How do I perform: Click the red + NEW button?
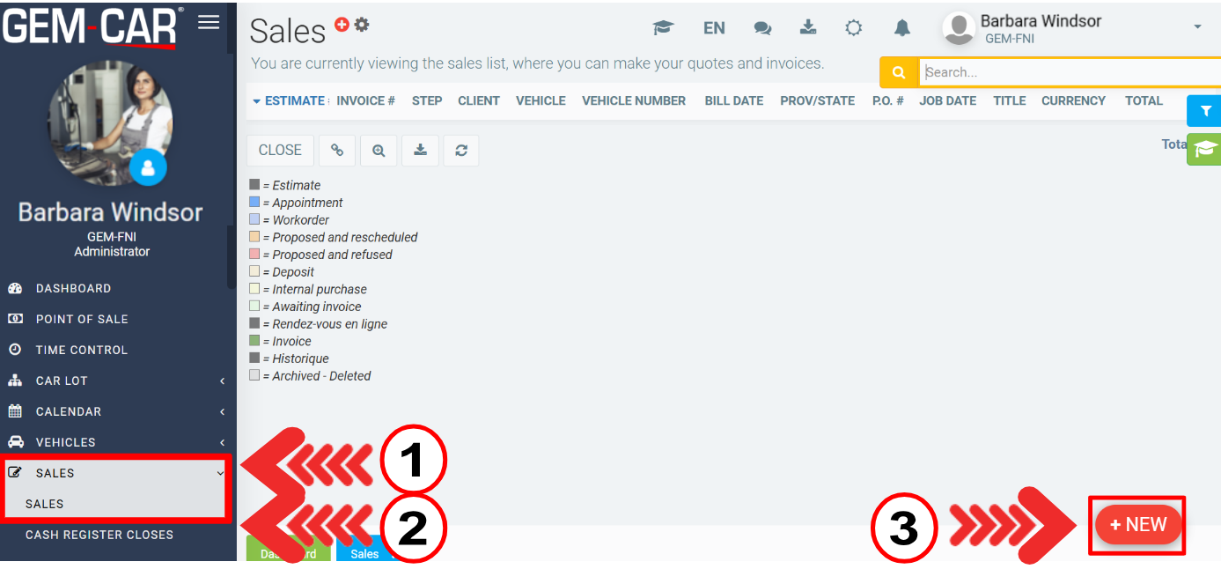point(1138,524)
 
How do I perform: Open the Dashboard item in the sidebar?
point(73,289)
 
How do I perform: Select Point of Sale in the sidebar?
point(82,319)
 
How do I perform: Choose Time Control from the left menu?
point(81,351)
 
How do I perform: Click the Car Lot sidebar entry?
point(61,381)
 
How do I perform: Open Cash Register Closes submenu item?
point(99,535)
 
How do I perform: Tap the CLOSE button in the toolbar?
point(280,150)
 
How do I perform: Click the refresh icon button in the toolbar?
point(461,150)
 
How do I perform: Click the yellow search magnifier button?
point(899,72)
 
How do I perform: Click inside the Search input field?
point(1069,72)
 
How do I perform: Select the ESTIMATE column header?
point(294,101)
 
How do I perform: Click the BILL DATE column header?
point(733,101)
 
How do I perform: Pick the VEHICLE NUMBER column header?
point(634,101)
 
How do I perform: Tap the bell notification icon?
point(902,28)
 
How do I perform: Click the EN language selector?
point(714,28)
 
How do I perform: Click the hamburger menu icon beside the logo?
point(209,22)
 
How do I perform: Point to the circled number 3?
point(904,528)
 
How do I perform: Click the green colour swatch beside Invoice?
point(254,341)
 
